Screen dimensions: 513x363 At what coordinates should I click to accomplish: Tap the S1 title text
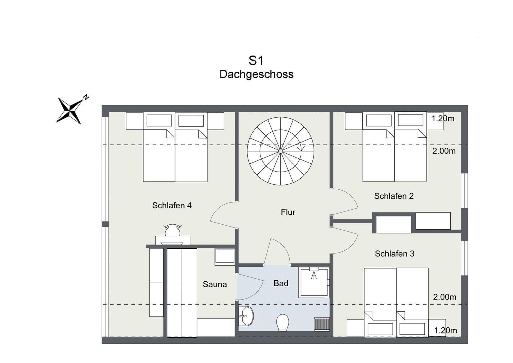[x=256, y=61]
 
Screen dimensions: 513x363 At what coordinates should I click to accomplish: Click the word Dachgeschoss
[x=256, y=74]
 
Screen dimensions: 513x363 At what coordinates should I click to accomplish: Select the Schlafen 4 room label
[x=172, y=205]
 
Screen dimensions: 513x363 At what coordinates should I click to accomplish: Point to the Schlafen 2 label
[x=394, y=196]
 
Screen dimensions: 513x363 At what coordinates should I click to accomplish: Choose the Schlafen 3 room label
[x=395, y=254]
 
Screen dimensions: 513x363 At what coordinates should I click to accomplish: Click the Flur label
[x=288, y=212]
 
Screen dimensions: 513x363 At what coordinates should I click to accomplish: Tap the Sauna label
[x=215, y=285]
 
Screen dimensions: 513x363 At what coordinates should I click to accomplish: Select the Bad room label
[x=281, y=283]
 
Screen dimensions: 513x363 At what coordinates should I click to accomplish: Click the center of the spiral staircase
[x=281, y=151]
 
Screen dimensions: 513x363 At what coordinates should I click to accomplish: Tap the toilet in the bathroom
[x=283, y=322]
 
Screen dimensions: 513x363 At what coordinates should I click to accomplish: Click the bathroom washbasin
[x=246, y=316]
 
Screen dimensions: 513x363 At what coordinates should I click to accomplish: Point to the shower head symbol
[x=314, y=275]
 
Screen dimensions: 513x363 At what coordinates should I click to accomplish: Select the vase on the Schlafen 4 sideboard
[x=172, y=230]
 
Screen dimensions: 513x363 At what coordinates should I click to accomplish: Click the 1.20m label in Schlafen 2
[x=443, y=118]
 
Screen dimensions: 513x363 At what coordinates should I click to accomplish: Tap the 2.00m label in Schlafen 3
[x=445, y=297]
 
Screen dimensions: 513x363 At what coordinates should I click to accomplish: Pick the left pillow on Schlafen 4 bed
[x=159, y=121]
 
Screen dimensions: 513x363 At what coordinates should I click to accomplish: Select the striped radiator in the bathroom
[x=322, y=324]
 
